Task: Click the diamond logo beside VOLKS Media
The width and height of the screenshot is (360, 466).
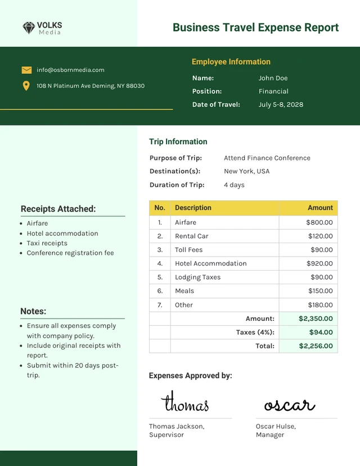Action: tap(29, 28)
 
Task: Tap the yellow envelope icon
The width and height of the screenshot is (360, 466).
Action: tap(26, 70)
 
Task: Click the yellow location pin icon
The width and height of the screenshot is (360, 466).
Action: tap(26, 86)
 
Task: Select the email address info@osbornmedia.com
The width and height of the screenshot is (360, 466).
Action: tap(70, 70)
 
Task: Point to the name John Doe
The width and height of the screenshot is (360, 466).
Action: tap(273, 78)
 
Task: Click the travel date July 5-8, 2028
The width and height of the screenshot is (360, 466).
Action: tap(281, 105)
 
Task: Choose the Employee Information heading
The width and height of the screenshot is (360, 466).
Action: tap(231, 62)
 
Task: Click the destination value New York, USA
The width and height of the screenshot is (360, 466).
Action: tap(246, 172)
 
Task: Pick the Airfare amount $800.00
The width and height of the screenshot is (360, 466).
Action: tap(319, 222)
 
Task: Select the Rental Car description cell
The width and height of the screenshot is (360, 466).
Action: tap(192, 236)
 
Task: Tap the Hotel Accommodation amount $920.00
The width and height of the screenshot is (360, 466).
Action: tap(319, 263)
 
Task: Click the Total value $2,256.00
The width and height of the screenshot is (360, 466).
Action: tap(316, 346)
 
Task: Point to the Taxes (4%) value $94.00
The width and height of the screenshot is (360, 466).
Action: tap(321, 333)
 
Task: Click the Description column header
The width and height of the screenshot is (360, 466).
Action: tap(193, 208)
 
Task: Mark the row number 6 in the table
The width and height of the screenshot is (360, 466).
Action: tap(160, 291)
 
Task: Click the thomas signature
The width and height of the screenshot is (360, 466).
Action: tap(184, 403)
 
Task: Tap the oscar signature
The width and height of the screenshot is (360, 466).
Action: tap(289, 405)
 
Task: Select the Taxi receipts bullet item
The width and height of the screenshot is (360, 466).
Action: tap(47, 243)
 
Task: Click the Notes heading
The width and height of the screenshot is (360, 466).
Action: tap(33, 311)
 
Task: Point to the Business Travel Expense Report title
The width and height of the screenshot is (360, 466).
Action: tap(255, 28)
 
